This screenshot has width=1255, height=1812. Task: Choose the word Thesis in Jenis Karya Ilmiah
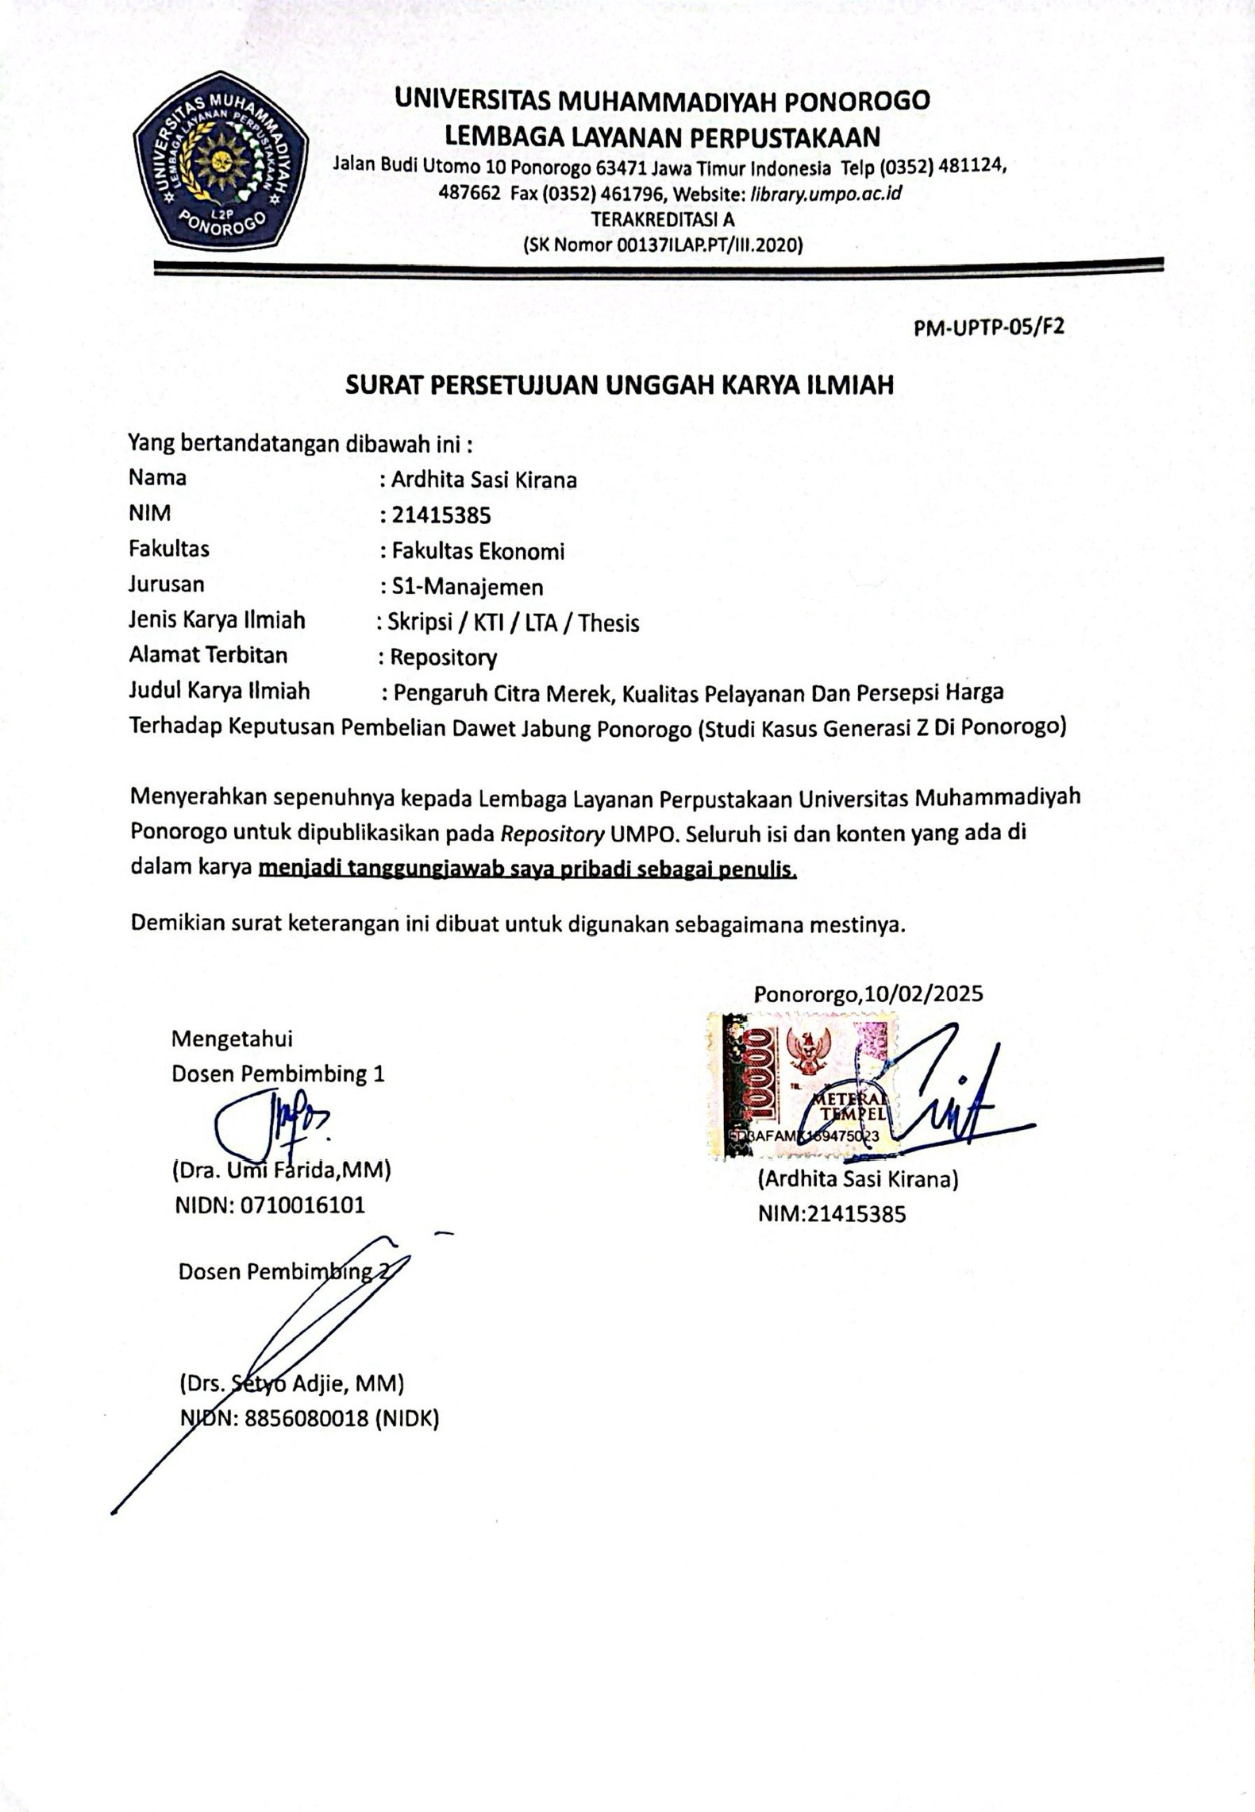tap(609, 623)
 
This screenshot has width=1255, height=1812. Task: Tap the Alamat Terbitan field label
tap(208, 655)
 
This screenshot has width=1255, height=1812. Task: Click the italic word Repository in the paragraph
tap(552, 834)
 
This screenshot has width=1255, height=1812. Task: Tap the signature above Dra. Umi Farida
tap(270, 1122)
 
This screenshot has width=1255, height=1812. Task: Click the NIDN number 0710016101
tap(302, 1205)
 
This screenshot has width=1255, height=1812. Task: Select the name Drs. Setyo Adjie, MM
tap(291, 1384)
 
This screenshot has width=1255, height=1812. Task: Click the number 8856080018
tap(306, 1419)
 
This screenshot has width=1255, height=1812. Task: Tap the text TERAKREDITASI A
tap(663, 219)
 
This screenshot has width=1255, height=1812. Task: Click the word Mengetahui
tap(232, 1039)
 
